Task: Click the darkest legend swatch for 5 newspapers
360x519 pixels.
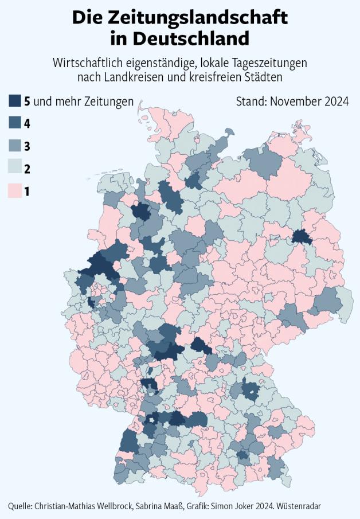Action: point(15,102)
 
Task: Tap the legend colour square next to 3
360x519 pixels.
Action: point(15,146)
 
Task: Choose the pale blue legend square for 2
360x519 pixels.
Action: point(15,169)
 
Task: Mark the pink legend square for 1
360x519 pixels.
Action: point(15,191)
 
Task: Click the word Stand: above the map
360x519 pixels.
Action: point(251,102)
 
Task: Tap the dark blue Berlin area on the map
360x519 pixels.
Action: point(299,237)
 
